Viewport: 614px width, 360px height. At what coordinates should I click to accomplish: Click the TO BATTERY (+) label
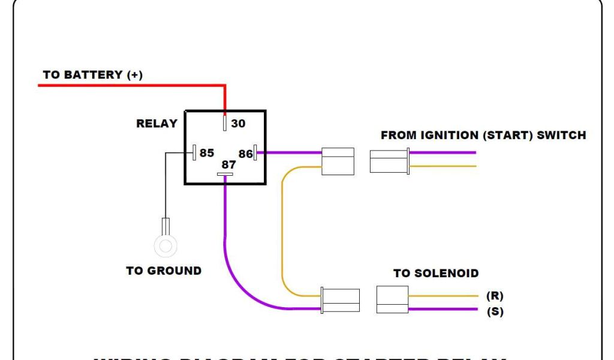click(92, 75)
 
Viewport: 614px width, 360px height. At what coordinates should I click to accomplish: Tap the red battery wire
click(132, 86)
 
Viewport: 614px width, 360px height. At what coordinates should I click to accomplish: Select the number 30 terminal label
click(238, 123)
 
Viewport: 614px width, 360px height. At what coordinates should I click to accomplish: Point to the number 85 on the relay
click(207, 153)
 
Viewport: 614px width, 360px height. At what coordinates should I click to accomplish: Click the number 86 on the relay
click(245, 154)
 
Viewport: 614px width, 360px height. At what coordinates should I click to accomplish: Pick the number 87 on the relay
click(228, 164)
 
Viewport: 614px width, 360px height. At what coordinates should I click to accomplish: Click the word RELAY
click(157, 124)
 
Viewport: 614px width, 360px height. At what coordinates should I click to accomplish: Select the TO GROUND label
click(164, 271)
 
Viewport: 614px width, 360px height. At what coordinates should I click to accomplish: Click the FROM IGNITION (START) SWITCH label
click(483, 135)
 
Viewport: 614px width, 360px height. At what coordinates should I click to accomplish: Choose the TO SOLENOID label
click(436, 274)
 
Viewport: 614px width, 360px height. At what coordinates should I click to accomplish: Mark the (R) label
click(495, 296)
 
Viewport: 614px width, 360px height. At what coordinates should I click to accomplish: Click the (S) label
click(495, 312)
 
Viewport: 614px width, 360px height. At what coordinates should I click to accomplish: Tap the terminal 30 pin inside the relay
click(225, 123)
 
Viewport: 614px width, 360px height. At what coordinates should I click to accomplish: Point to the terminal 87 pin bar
click(225, 175)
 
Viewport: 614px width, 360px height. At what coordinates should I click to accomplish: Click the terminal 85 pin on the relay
click(194, 153)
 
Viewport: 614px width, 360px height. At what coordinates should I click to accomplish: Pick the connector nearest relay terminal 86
click(338, 161)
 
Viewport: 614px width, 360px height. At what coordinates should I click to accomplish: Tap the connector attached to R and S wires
click(392, 299)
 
